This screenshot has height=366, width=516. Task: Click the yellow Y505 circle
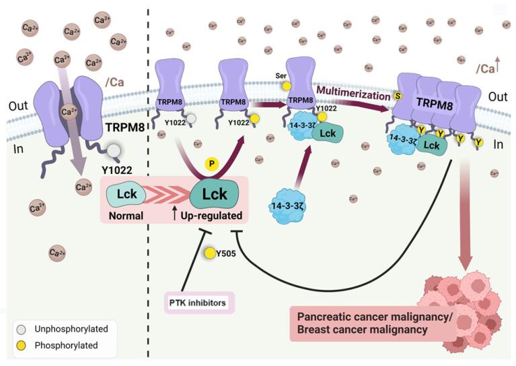pos(211,253)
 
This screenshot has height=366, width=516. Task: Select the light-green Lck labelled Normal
pos(124,195)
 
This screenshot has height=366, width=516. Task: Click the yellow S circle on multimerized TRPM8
pos(397,96)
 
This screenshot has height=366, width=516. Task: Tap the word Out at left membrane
pos(18,106)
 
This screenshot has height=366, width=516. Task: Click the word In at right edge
pos(497,144)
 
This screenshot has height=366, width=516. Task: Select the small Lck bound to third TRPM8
pos(328,133)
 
